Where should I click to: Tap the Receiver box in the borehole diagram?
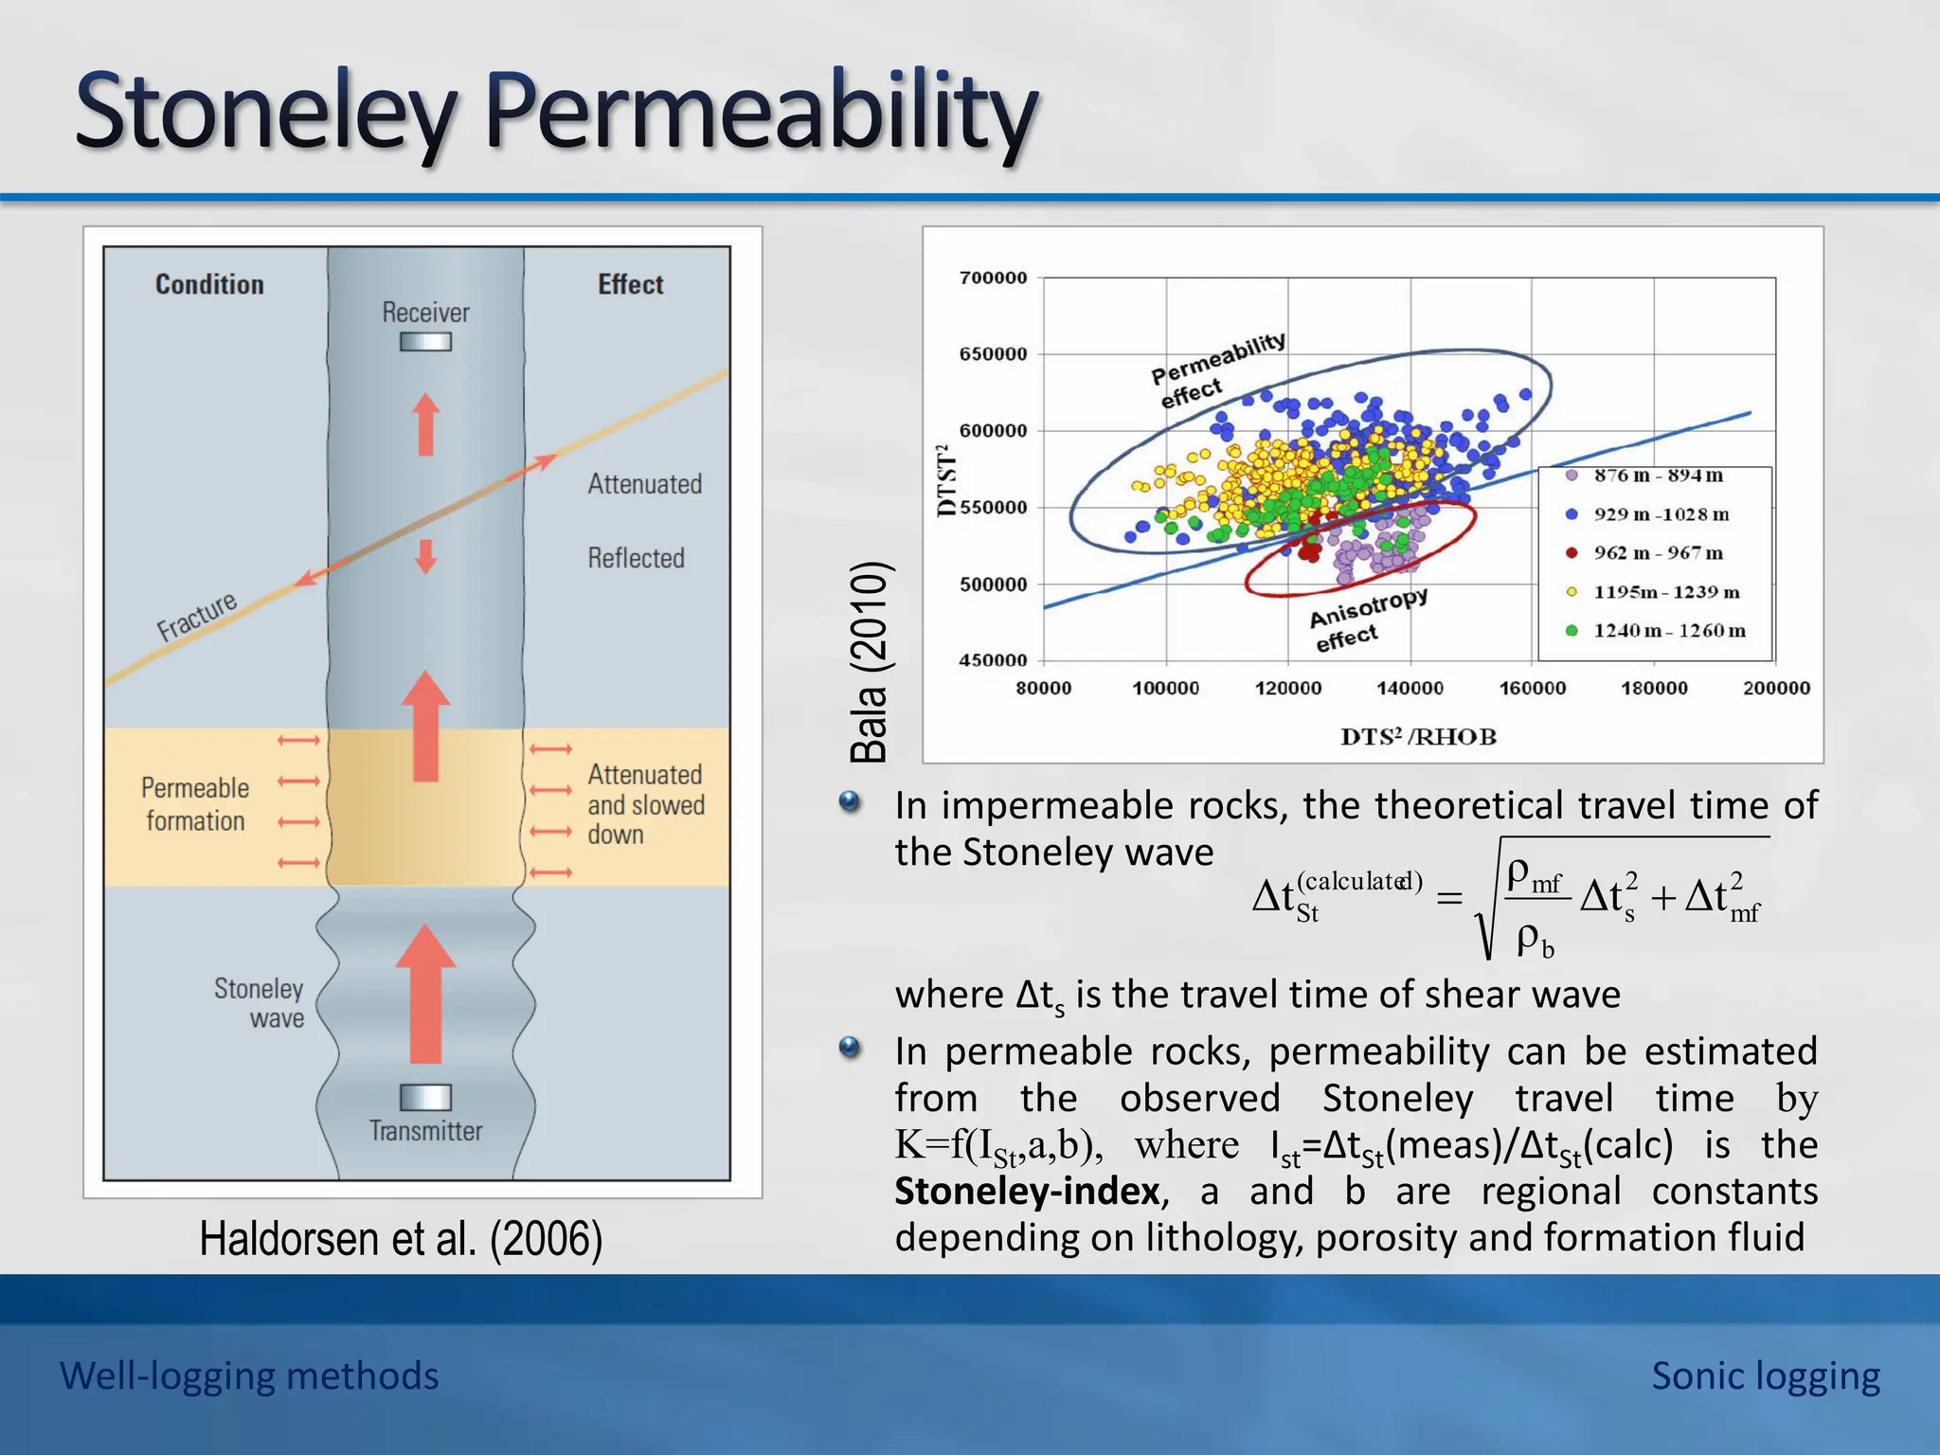coord(425,342)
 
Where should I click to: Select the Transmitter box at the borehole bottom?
coord(425,1097)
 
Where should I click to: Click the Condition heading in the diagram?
coord(209,284)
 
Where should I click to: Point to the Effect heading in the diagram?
coord(630,284)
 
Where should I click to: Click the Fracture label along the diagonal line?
coord(197,617)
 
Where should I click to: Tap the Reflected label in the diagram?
coord(636,558)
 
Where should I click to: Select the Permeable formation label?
coord(195,804)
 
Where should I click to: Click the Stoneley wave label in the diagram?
coord(259,1003)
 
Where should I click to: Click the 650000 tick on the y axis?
coord(993,354)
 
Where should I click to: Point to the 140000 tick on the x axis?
coord(1410,689)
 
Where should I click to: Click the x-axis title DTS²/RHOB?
coord(1418,737)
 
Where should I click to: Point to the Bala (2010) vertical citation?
coord(869,662)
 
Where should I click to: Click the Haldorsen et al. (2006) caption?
coord(401,1238)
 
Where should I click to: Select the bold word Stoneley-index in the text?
coord(1027,1192)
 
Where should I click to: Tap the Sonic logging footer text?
coord(1765,1375)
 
